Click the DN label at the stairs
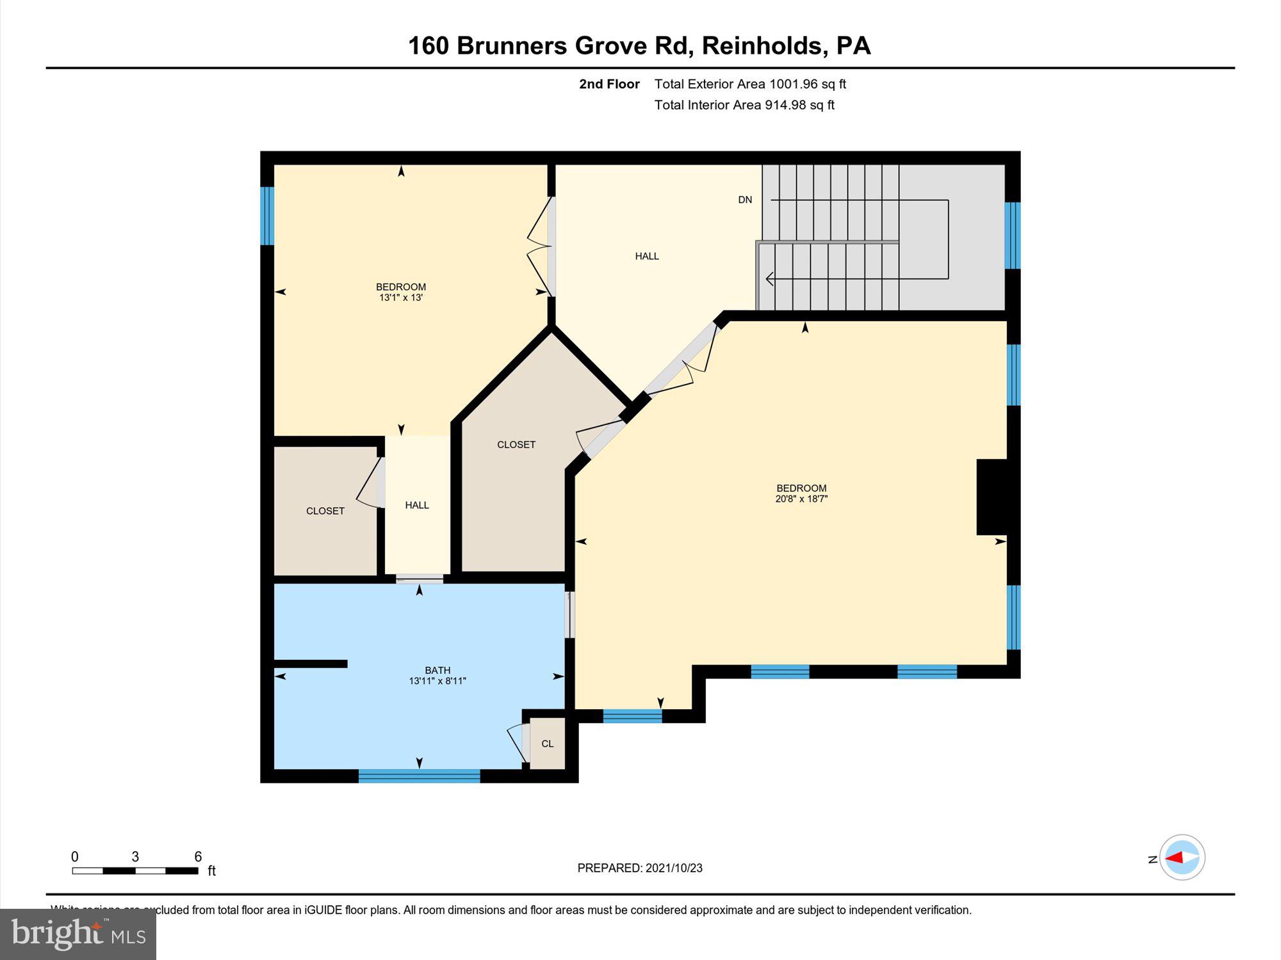[x=745, y=200]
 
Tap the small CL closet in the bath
[x=548, y=744]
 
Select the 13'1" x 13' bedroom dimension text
[x=401, y=298]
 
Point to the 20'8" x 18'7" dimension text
[x=801, y=499]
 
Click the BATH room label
[x=437, y=670]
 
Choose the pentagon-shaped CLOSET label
[x=516, y=444]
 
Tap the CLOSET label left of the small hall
[x=325, y=511]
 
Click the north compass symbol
[x=1182, y=858]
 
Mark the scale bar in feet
[x=135, y=870]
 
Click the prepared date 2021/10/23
[x=674, y=868]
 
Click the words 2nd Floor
[x=609, y=84]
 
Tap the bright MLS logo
[x=78, y=934]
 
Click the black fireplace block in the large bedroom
[x=991, y=497]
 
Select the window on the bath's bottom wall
[x=419, y=776]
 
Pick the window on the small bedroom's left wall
[x=267, y=216]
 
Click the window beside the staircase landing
[x=1012, y=235]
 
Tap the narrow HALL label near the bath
[x=417, y=505]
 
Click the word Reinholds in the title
[x=762, y=45]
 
